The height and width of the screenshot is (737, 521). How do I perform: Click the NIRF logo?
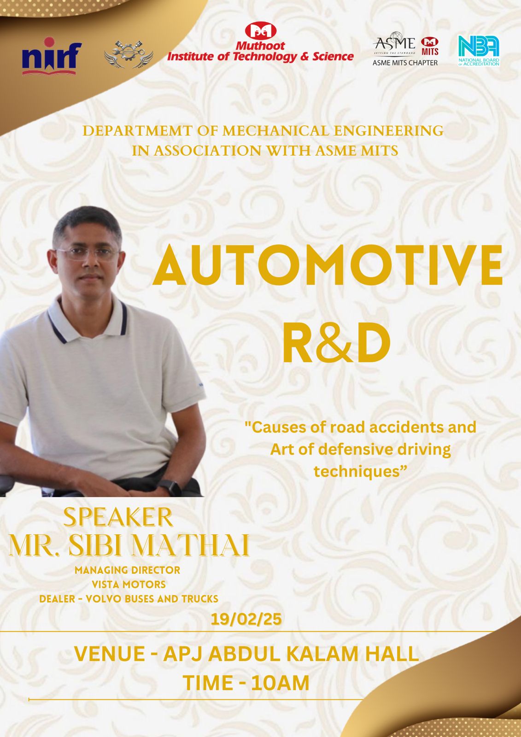[x=52, y=56]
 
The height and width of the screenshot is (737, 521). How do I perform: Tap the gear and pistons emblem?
[x=129, y=55]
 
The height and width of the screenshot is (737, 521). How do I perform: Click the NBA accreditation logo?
[x=479, y=51]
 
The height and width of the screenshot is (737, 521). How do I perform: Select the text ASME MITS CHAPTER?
[x=405, y=63]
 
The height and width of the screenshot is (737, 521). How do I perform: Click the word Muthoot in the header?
[x=260, y=46]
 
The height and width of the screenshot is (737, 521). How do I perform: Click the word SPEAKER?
[x=118, y=517]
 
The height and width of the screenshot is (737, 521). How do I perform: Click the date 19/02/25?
[x=246, y=619]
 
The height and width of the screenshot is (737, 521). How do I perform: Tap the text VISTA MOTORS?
[x=129, y=585]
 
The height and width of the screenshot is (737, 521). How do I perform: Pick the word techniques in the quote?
[x=359, y=472]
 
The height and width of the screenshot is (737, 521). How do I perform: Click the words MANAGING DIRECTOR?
[x=127, y=570]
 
